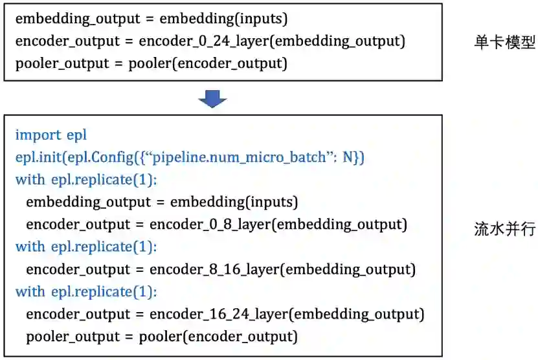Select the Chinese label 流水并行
pos(504,229)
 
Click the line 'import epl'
pos(50,135)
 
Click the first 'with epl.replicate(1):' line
pos(86,180)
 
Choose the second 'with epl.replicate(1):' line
pos(86,247)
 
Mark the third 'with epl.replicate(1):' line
pos(86,291)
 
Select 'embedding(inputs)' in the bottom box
pos(234,202)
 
